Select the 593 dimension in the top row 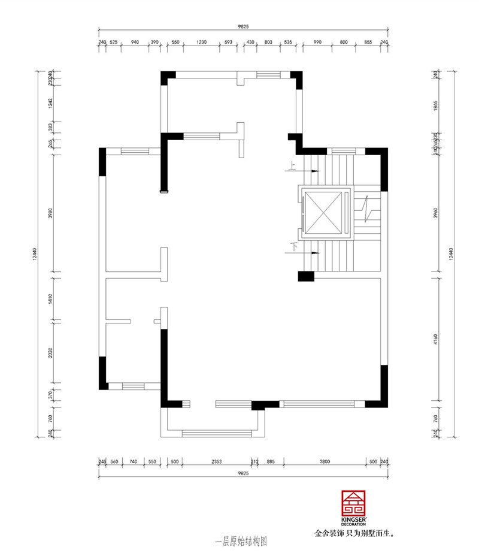(x=228, y=43)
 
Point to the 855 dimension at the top (x=368, y=43)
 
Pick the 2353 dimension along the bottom (x=217, y=462)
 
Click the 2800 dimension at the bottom (x=325, y=462)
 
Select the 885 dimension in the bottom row (x=271, y=462)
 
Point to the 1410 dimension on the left (x=52, y=298)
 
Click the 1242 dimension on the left (x=52, y=102)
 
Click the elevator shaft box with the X (x=326, y=213)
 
